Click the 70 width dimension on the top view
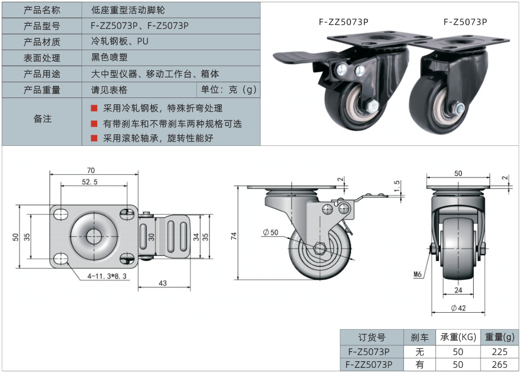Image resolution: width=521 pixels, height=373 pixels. point(91,170)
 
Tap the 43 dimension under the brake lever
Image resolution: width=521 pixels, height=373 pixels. point(163,283)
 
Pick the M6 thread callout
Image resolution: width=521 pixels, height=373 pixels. point(417,274)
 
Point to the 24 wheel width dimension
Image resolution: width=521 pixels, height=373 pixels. point(459,291)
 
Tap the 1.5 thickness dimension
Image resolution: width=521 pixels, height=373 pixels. point(397,186)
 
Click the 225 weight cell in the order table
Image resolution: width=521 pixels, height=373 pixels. point(499,351)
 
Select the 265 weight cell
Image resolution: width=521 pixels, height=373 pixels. point(499,365)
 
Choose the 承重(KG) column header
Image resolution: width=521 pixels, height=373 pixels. point(459,337)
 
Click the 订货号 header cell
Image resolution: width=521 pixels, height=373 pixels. point(372,337)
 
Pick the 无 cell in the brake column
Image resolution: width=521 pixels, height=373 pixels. point(419,351)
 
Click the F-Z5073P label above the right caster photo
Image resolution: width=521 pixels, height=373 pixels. point(465,22)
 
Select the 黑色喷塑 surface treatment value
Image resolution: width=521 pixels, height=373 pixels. point(111,57)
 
